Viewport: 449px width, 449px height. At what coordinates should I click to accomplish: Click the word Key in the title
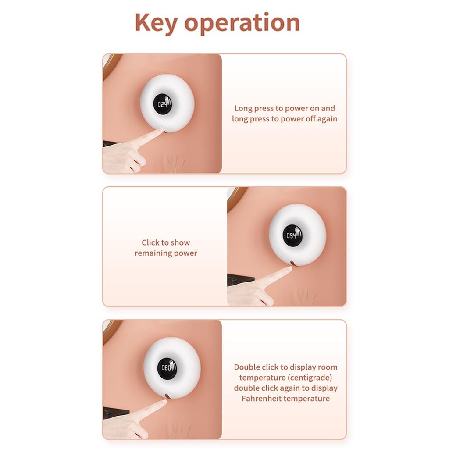coord(156,23)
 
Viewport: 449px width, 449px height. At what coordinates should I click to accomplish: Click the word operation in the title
coord(242,22)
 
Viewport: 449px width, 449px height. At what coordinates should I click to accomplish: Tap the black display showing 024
coord(163,104)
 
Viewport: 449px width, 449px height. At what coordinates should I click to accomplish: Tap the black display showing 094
coord(292,235)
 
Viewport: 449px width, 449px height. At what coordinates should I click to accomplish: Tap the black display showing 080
coord(167,367)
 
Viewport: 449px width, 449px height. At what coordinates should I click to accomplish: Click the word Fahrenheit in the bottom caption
coord(261,398)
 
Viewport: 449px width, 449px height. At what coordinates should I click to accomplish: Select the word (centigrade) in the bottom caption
coord(310,378)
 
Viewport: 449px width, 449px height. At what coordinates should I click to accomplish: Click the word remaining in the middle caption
coord(151,253)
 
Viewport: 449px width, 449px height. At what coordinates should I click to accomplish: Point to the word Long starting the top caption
coord(243,109)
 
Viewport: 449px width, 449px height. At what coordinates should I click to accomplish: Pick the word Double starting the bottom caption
coord(247,367)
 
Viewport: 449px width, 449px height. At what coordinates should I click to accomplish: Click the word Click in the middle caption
coord(151,242)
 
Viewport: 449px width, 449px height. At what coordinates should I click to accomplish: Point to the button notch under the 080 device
coord(167,396)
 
